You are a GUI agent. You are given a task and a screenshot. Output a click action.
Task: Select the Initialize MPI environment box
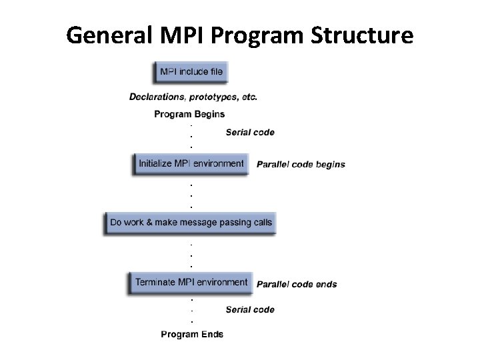tap(191, 163)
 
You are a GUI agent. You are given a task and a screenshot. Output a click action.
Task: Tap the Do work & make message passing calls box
tap(191, 222)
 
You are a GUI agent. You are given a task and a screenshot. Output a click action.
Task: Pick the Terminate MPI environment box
tap(191, 283)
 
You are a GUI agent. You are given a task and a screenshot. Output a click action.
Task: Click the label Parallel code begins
tap(301, 164)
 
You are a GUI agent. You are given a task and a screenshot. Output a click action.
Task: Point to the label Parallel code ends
tap(297, 284)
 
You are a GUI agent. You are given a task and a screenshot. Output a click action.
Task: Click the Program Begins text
tap(189, 114)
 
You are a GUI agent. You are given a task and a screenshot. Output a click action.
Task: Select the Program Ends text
tap(192, 334)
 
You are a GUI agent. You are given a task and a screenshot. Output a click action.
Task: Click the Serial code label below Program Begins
tap(250, 132)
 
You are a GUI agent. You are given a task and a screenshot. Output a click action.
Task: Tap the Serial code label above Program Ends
tap(250, 309)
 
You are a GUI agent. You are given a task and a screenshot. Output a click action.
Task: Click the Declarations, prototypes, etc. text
tap(193, 97)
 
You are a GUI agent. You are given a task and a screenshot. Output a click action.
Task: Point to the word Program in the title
tap(263, 35)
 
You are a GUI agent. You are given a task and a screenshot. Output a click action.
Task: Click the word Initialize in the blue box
tap(155, 163)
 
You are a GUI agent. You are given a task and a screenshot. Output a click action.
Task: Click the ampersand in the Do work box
tap(149, 222)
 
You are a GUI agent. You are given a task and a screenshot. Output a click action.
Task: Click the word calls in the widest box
tap(261, 222)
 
